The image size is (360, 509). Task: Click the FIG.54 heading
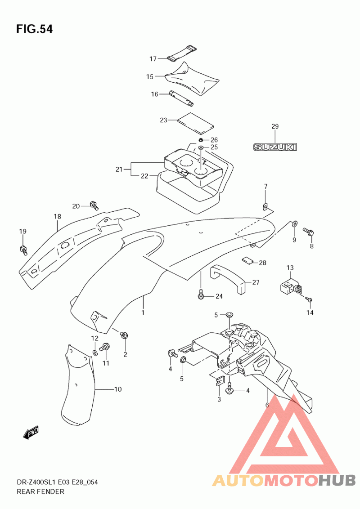tap(35, 29)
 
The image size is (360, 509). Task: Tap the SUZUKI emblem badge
tap(275, 147)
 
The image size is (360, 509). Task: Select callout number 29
tap(275, 126)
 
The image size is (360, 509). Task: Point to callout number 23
tap(163, 120)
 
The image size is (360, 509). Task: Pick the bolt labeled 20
tap(94, 205)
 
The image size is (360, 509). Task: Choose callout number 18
tap(57, 216)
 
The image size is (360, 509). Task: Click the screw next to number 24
tap(201, 295)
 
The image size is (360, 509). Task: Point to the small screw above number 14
tap(309, 299)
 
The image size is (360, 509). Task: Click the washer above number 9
tap(294, 223)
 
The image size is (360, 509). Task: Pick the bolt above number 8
tap(308, 232)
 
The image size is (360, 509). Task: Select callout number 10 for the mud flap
tap(117, 389)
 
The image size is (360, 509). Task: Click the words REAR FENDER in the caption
tap(40, 491)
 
